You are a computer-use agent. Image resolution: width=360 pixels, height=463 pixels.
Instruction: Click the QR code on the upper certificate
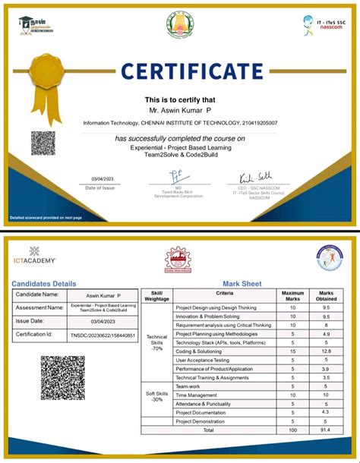pyautogui.click(x=43, y=143)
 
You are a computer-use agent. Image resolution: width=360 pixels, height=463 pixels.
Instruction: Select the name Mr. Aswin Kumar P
pyautogui.click(x=180, y=111)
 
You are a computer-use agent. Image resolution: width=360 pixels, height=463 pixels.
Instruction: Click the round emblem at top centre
pyautogui.click(x=180, y=24)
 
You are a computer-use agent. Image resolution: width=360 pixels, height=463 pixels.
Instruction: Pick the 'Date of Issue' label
pyautogui.click(x=100, y=187)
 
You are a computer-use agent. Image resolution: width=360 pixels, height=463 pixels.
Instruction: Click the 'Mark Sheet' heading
pyautogui.click(x=242, y=284)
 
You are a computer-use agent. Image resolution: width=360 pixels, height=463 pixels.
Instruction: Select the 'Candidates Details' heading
pyautogui.click(x=44, y=284)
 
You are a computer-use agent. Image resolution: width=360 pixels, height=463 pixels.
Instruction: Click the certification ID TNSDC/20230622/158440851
pyautogui.click(x=103, y=335)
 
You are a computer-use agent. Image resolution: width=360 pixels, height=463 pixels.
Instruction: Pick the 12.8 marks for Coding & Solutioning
pyautogui.click(x=326, y=351)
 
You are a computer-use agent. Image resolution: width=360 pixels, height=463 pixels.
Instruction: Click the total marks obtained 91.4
pyautogui.click(x=326, y=430)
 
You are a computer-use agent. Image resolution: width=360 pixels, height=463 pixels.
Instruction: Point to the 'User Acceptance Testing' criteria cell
pyautogui.click(x=203, y=360)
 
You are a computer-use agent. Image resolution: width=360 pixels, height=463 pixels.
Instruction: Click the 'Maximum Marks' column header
pyautogui.click(x=293, y=295)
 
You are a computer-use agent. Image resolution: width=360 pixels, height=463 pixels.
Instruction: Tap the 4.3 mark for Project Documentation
pyautogui.click(x=326, y=412)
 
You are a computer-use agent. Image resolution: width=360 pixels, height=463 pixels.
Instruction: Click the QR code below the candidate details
pyautogui.click(x=62, y=377)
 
